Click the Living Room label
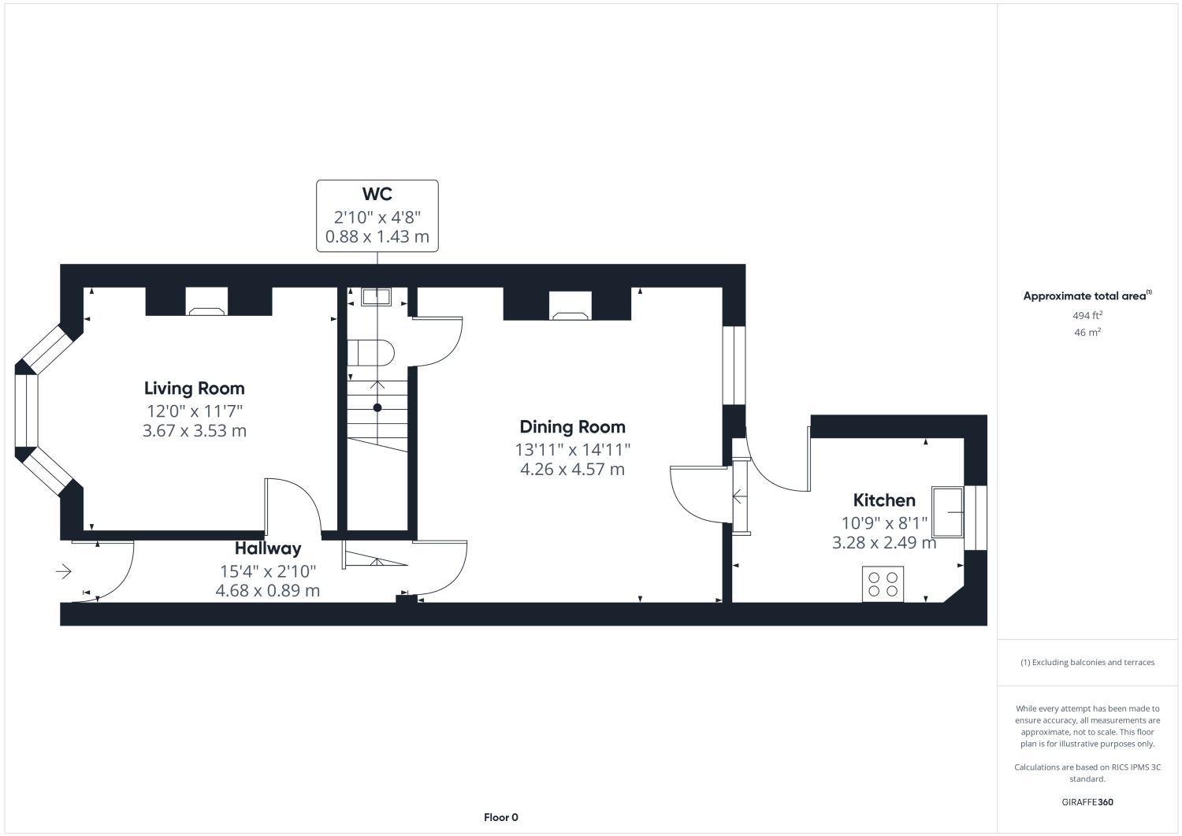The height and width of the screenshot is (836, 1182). point(194,388)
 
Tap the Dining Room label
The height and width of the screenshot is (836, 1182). point(573,427)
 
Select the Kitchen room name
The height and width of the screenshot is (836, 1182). point(884,500)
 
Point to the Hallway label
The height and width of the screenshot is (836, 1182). point(268,549)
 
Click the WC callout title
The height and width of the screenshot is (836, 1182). point(377,194)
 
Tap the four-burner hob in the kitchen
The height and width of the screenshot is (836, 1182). point(883,584)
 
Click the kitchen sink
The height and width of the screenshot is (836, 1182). point(947,512)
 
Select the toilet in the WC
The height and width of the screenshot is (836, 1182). point(370,353)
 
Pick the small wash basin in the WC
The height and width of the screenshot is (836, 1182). point(376,296)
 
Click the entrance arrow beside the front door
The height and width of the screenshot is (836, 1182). point(64,571)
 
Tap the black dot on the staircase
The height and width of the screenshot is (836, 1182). point(377,407)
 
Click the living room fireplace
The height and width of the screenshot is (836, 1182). point(206,301)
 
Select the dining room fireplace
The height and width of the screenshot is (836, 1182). point(570,306)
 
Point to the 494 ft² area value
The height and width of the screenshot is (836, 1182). point(1087,316)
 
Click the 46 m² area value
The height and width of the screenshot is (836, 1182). point(1087,333)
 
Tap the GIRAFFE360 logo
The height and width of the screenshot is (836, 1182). point(1087,802)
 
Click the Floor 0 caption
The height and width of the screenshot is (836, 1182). point(500,818)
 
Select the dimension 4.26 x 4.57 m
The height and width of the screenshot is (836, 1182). point(573,469)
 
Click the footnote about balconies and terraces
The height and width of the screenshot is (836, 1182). point(1087,663)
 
